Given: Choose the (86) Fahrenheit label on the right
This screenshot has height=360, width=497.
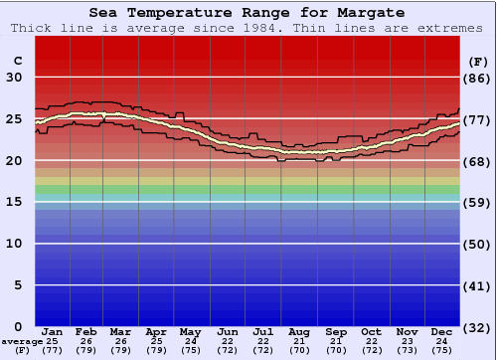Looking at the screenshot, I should (479, 78).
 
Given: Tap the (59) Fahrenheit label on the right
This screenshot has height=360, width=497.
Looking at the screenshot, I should (479, 202).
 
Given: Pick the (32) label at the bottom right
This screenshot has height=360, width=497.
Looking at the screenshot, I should (479, 327).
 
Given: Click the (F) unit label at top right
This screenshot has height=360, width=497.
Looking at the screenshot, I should (478, 61).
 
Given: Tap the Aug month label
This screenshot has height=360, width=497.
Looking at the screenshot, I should (298, 331).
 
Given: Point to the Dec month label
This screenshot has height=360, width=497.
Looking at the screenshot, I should (442, 331).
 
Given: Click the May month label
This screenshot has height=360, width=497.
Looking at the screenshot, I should (190, 331).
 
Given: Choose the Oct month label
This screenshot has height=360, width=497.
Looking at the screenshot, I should (371, 331).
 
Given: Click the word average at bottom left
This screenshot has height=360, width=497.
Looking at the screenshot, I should (22, 341).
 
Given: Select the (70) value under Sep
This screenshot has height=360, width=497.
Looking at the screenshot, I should (335, 351).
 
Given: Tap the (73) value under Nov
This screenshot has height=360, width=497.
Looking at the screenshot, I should (407, 351).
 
